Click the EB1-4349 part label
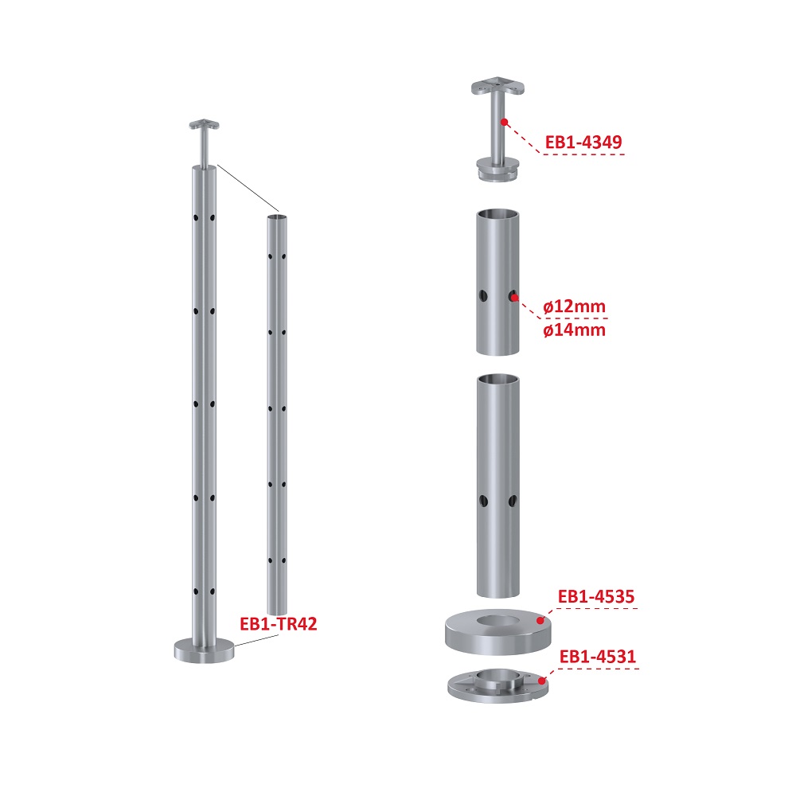pos(583,142)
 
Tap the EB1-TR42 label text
pos(278,623)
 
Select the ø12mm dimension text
pos(574,306)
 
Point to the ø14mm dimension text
pos(574,330)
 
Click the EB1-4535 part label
pos(596,596)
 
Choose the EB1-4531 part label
pos(598,657)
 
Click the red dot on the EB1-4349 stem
pos(504,122)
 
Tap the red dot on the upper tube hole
pos(514,298)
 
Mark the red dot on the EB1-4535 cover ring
pos(540,620)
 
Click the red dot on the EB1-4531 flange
pos(542,681)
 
